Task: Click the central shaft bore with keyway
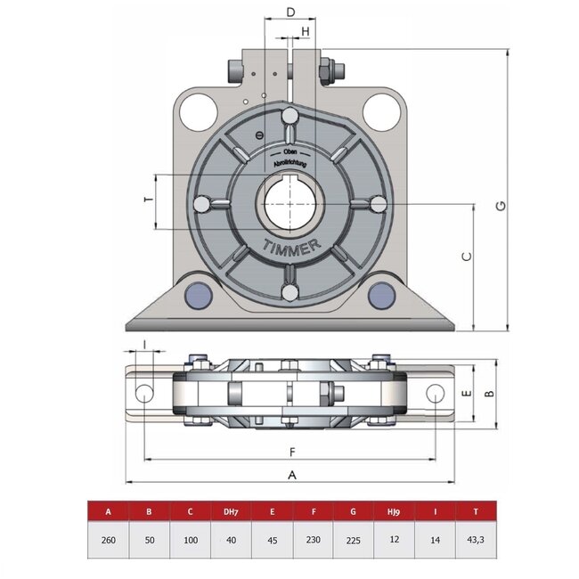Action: [x=289, y=203]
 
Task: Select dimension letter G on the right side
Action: [x=502, y=206]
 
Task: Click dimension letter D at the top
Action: [x=290, y=12]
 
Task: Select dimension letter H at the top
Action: [x=306, y=31]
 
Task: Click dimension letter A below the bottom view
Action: [x=291, y=475]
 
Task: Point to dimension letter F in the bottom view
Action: [x=291, y=451]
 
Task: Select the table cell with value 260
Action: [x=108, y=540]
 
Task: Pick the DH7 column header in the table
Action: [x=229, y=512]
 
